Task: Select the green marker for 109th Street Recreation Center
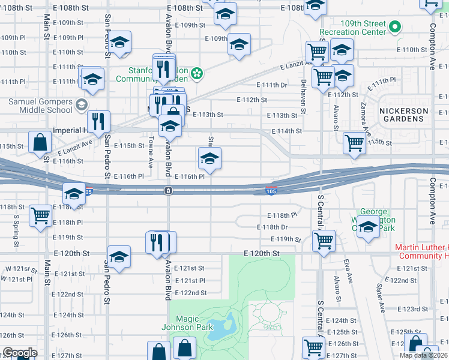(x=395, y=26)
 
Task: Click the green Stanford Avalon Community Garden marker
(x=196, y=75)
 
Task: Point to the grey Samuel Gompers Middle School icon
(x=80, y=106)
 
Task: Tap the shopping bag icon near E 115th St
(x=40, y=143)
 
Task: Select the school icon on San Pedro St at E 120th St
(x=119, y=257)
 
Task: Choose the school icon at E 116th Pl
(x=209, y=158)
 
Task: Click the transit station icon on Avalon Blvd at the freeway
(x=169, y=191)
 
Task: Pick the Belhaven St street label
(x=304, y=91)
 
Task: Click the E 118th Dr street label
(x=272, y=227)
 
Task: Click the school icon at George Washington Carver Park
(x=367, y=227)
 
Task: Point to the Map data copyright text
(x=424, y=355)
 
